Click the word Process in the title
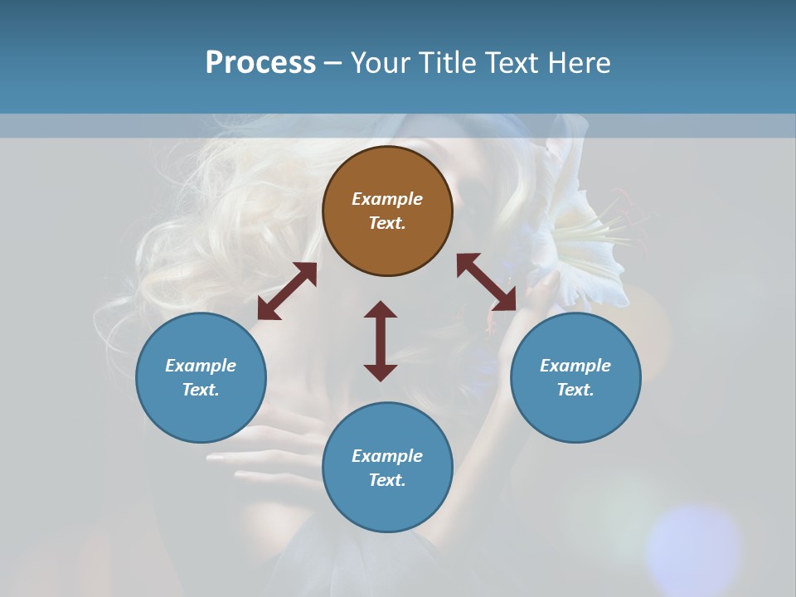pyautogui.click(x=260, y=63)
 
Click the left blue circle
pyautogui.click(x=201, y=377)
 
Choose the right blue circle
pyautogui.click(x=575, y=377)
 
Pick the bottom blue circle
pyautogui.click(x=387, y=468)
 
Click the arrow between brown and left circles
pyautogui.click(x=287, y=291)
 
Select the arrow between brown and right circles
pyautogui.click(x=487, y=282)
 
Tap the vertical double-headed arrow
pyautogui.click(x=381, y=341)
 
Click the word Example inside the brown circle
pyautogui.click(x=387, y=199)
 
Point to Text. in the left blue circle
pyautogui.click(x=201, y=390)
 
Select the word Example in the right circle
pyautogui.click(x=575, y=366)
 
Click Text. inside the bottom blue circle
pyautogui.click(x=387, y=480)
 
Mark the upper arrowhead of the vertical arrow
pyautogui.click(x=381, y=308)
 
